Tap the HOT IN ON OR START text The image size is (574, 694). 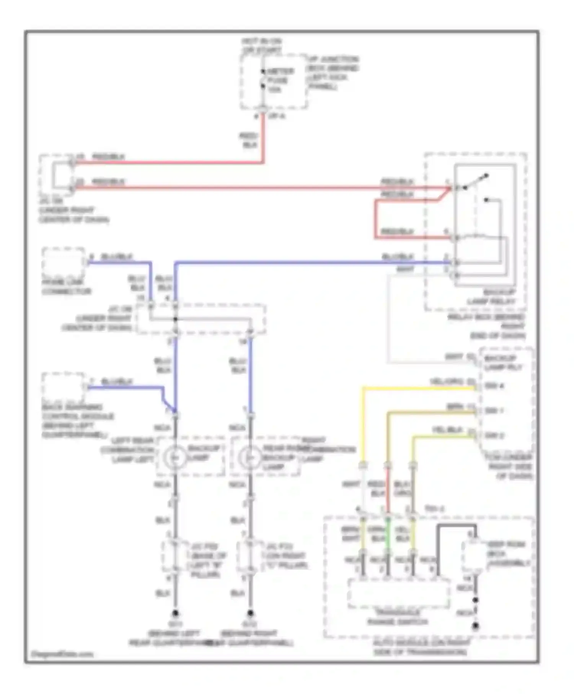pyautogui.click(x=262, y=46)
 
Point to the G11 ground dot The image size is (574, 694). pyautogui.click(x=175, y=613)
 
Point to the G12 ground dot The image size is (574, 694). pyautogui.click(x=250, y=613)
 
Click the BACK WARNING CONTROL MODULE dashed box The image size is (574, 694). pyautogui.click(x=63, y=387)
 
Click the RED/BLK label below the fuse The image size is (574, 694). pyautogui.click(x=249, y=140)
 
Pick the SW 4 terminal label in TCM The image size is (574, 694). pyautogui.click(x=494, y=386)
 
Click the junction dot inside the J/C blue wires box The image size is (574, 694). pyautogui.click(x=175, y=319)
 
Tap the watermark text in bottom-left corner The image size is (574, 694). pyautogui.click(x=62, y=654)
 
